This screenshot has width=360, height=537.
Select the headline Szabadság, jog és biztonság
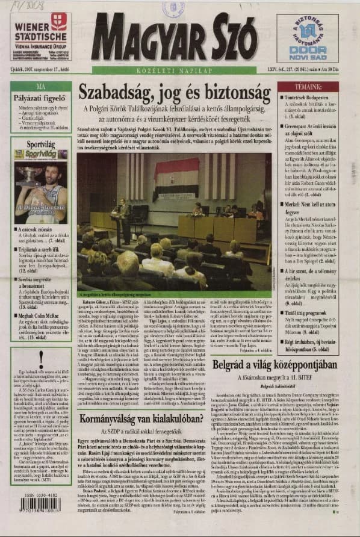(x=175, y=94)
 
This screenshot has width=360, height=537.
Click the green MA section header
(x=41, y=86)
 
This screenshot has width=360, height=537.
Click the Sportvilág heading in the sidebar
(x=41, y=144)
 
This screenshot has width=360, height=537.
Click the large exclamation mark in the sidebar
(x=41, y=359)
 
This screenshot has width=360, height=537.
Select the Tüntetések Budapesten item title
(x=307, y=96)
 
